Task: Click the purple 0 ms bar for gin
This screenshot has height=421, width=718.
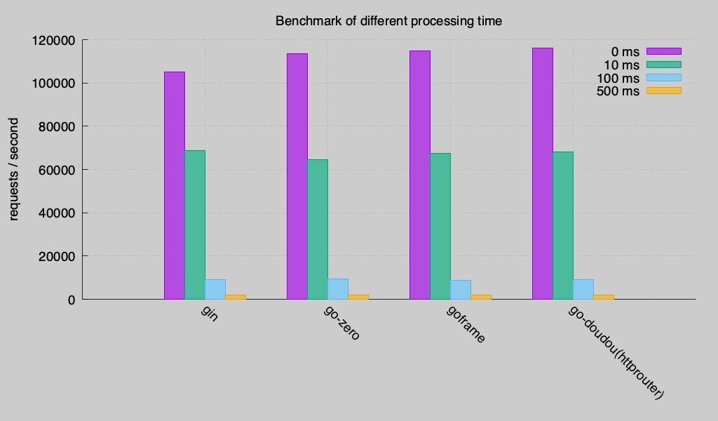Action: click(175, 185)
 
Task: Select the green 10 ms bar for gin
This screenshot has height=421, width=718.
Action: click(195, 225)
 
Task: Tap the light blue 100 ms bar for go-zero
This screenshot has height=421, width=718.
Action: click(338, 289)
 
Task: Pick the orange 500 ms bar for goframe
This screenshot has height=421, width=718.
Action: click(481, 297)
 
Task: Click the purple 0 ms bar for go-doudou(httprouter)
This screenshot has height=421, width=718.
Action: click(542, 173)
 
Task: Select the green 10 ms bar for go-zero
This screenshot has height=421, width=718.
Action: click(318, 229)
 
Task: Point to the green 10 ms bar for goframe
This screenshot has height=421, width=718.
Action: click(440, 226)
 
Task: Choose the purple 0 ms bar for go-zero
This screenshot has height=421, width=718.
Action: click(297, 176)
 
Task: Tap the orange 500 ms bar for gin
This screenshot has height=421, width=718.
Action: click(236, 297)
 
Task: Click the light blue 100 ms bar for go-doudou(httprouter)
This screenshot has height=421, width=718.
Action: click(583, 289)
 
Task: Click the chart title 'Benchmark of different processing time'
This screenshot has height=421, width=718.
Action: click(388, 21)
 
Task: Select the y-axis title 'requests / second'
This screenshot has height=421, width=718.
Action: click(14, 169)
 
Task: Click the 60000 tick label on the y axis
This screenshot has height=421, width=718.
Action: click(57, 170)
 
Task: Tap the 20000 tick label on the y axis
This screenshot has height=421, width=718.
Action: click(57, 256)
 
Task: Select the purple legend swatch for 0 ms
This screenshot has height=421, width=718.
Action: click(663, 51)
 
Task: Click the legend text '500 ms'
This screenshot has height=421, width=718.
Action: click(618, 91)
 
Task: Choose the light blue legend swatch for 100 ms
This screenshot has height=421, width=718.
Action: click(663, 77)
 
